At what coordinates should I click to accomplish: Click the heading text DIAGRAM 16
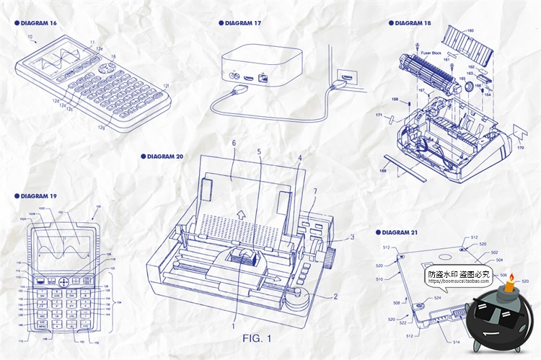tap(38, 23)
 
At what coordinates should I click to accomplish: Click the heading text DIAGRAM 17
tap(243, 23)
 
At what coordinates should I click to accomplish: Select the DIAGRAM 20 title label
tap(164, 156)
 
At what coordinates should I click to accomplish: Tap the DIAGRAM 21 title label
tap(398, 232)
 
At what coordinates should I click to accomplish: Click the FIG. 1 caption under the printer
tap(257, 338)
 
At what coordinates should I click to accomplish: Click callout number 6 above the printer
tap(233, 144)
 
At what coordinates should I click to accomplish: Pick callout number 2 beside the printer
tap(335, 297)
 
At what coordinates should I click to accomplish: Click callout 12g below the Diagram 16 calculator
tap(102, 127)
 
